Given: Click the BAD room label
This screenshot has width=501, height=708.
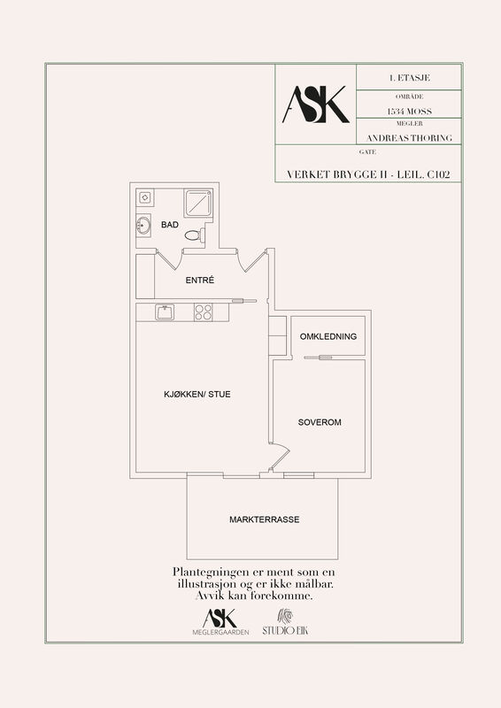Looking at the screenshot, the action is [x=170, y=225].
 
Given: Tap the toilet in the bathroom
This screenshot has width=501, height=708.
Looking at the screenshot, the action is [x=195, y=235].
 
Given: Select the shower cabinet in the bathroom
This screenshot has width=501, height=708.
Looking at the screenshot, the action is [x=198, y=203].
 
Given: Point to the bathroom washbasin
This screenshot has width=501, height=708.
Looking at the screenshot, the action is [x=143, y=225].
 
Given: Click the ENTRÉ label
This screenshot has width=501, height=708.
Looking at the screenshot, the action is [x=200, y=281].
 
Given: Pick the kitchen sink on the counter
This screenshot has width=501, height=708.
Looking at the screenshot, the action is [x=165, y=312].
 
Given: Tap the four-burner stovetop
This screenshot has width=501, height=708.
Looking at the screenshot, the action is [x=204, y=312].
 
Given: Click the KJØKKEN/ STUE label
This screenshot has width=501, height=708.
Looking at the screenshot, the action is [x=197, y=394].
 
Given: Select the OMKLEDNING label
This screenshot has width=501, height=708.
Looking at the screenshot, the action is [x=328, y=336].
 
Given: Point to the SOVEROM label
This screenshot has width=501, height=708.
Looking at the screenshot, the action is [x=320, y=422].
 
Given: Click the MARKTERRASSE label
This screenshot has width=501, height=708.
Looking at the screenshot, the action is [x=265, y=519].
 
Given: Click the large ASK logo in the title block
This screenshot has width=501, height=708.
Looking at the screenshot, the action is [x=316, y=104].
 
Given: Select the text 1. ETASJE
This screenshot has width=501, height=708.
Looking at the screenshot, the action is [x=409, y=78].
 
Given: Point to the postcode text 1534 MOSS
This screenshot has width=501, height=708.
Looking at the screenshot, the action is [x=409, y=112].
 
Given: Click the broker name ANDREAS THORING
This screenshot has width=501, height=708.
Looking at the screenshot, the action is [x=409, y=138].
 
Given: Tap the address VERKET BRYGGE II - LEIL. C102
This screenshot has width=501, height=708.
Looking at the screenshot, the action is [x=368, y=174].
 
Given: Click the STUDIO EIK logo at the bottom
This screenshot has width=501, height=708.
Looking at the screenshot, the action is [x=285, y=623].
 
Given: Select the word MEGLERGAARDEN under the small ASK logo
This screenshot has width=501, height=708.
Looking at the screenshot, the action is [x=220, y=632].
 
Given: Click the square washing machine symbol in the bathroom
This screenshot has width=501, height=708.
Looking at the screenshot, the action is [x=144, y=197].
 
